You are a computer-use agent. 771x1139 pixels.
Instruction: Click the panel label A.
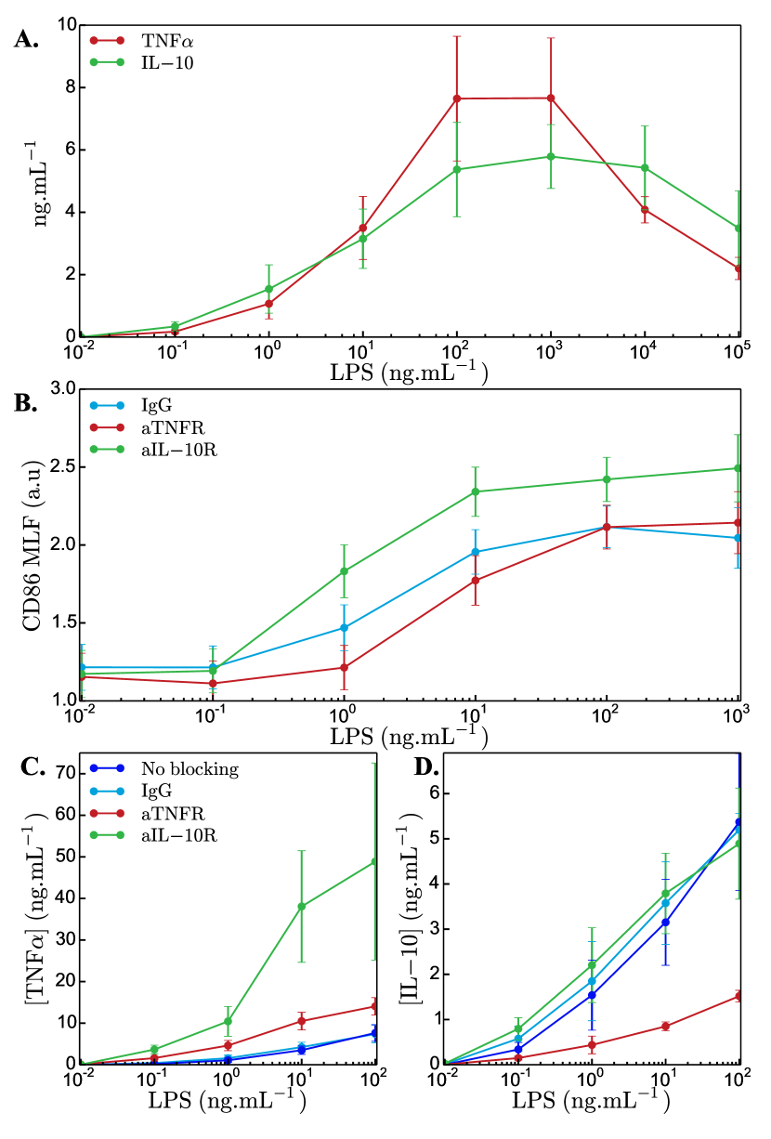tap(26, 40)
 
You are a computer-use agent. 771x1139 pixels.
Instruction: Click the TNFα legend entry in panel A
tap(167, 40)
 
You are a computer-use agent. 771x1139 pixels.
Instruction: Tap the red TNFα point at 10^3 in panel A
tap(551, 98)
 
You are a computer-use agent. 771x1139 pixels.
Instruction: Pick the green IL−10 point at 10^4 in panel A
tap(645, 168)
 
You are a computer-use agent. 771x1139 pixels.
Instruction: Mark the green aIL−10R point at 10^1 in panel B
tap(476, 491)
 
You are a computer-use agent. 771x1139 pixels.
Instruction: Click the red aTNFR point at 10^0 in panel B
tap(344, 667)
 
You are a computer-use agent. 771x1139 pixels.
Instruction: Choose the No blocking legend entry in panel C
tap(189, 768)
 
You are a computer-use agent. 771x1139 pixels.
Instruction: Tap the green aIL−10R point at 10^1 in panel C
tap(301, 906)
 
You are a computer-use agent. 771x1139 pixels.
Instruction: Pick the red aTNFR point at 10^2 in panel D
tap(738, 996)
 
